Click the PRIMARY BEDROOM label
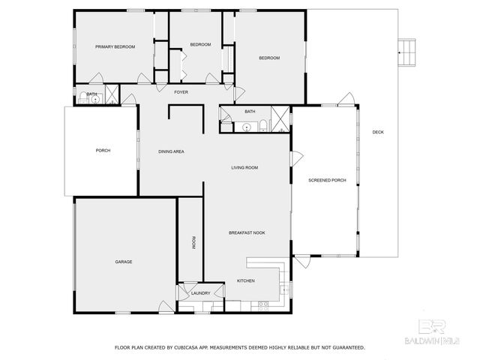click(x=115, y=46)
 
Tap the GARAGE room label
click(x=124, y=262)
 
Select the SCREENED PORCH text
click(x=328, y=181)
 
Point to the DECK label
click(x=378, y=133)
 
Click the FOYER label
click(x=181, y=92)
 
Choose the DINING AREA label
click(x=171, y=151)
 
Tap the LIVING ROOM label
click(x=244, y=167)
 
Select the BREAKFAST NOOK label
click(x=247, y=232)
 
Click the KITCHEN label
click(x=246, y=280)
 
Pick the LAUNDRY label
click(x=200, y=293)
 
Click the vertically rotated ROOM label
click(x=193, y=242)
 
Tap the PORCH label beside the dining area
click(x=103, y=151)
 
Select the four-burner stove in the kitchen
click(x=263, y=304)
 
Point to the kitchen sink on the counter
click(x=283, y=286)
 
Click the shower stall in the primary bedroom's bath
click(x=111, y=94)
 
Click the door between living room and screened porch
click(x=296, y=159)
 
